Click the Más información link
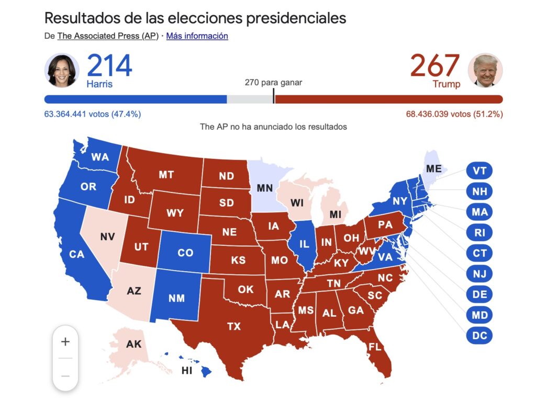click(x=197, y=36)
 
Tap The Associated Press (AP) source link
click(x=108, y=36)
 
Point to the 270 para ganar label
click(x=273, y=82)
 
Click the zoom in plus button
click(x=65, y=342)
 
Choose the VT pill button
click(x=479, y=171)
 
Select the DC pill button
click(x=479, y=336)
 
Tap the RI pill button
click(x=479, y=233)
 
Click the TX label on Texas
click(x=234, y=327)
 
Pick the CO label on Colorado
click(x=185, y=253)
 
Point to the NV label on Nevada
click(x=107, y=236)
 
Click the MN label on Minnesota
click(x=264, y=187)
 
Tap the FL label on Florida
click(x=375, y=347)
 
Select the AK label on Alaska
click(x=133, y=345)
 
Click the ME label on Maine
click(x=434, y=169)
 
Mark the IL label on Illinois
click(x=304, y=244)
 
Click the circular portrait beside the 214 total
click(x=62, y=70)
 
